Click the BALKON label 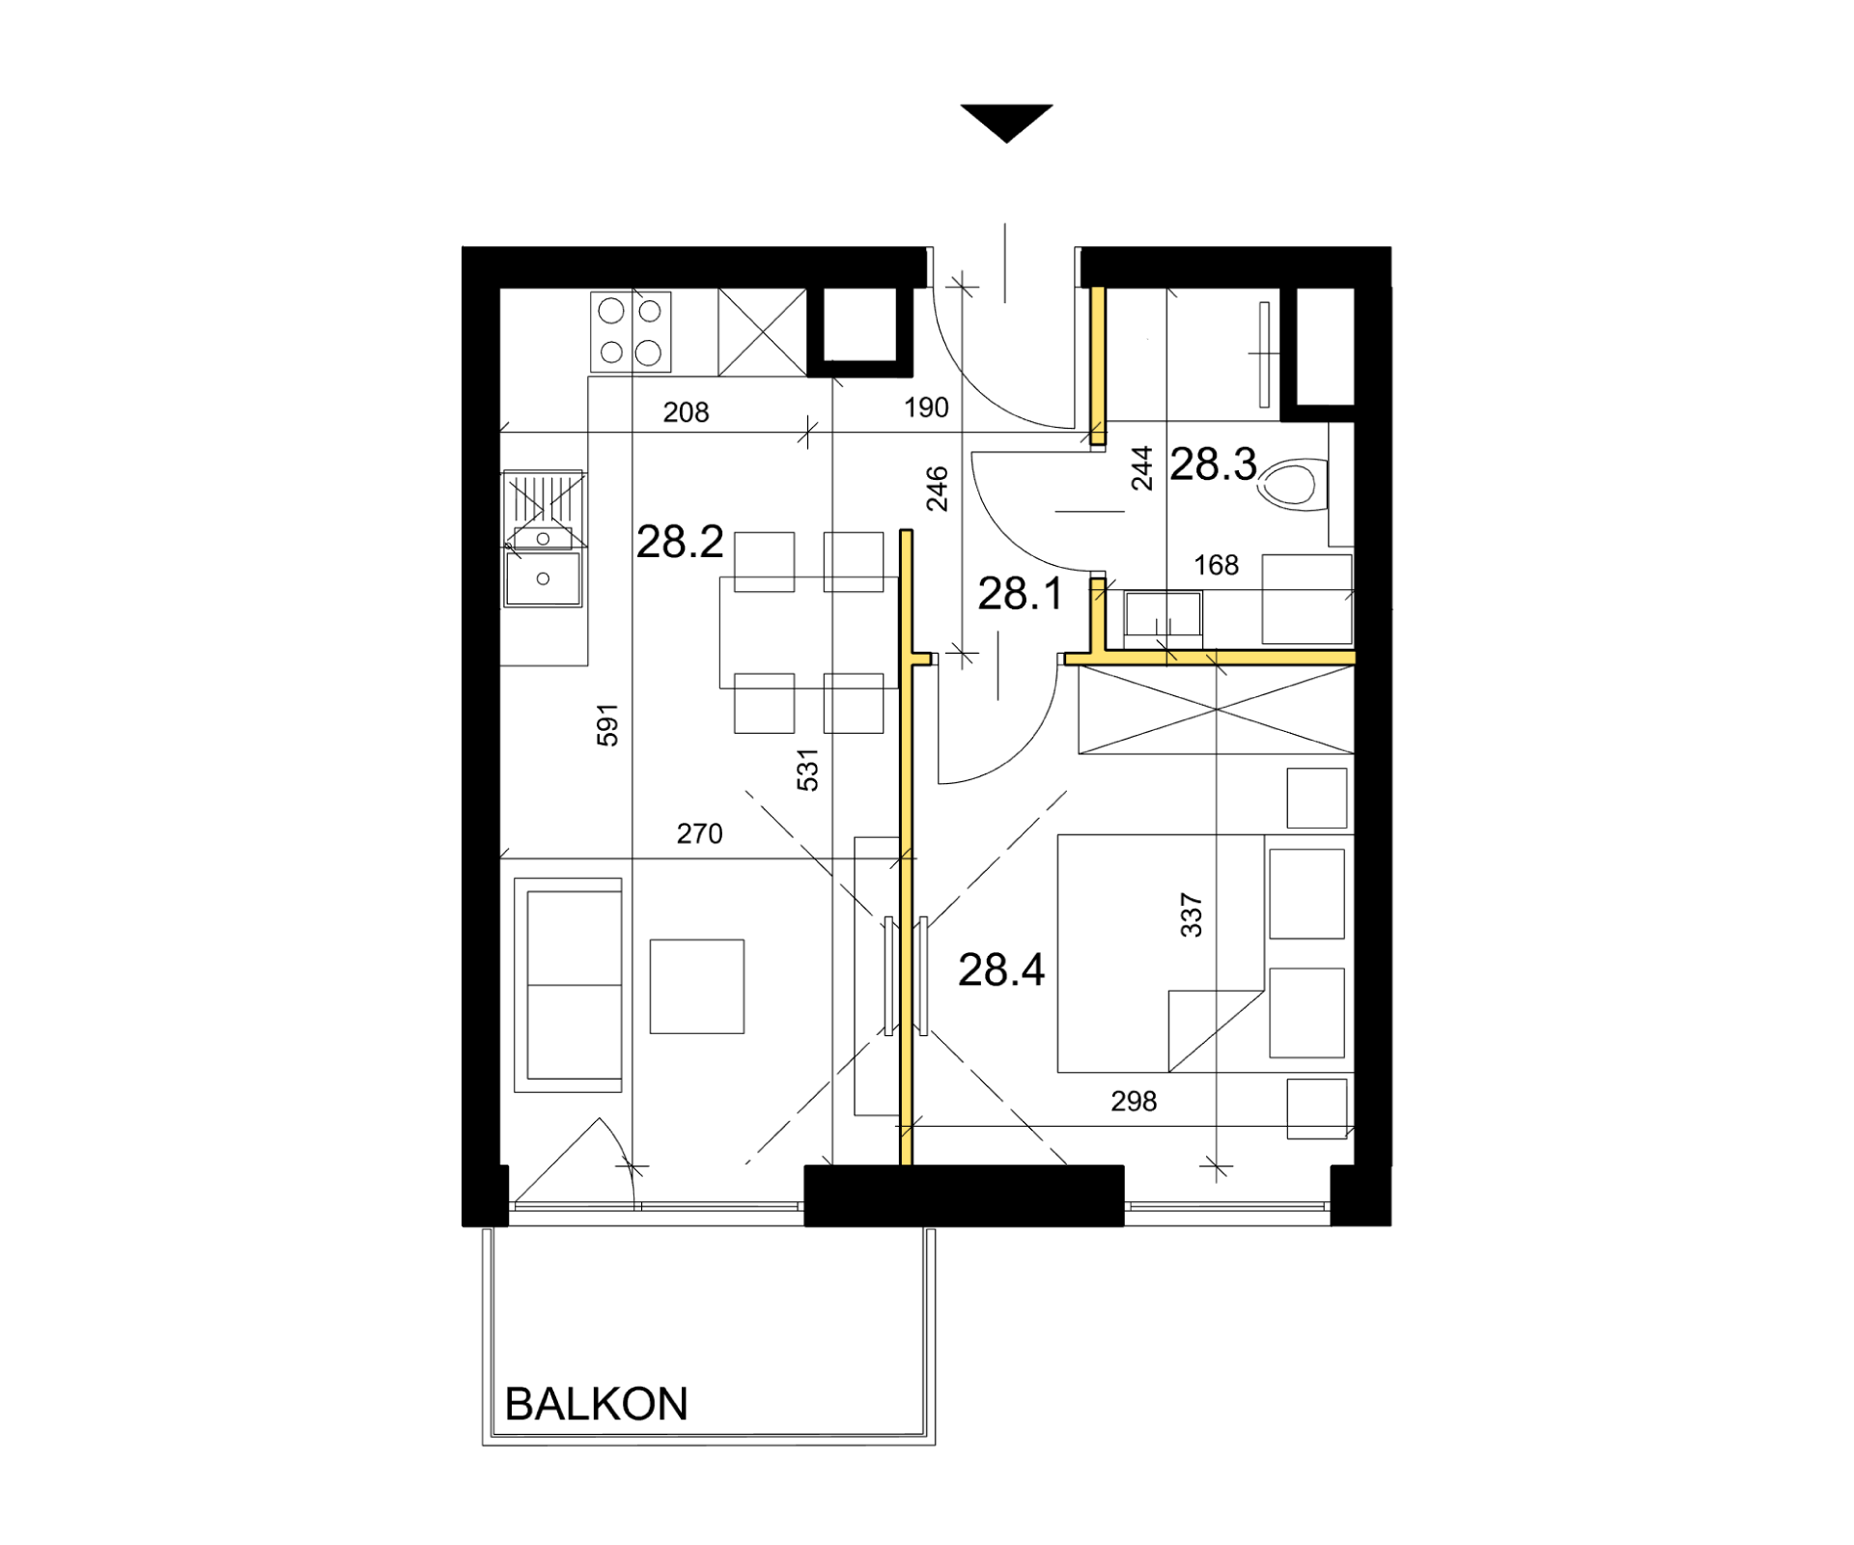tap(596, 1404)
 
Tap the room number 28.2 tap(680, 542)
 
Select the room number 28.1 tap(1020, 593)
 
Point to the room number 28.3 tap(1213, 464)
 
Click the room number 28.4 tap(1001, 969)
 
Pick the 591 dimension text tap(606, 724)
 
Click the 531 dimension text tap(807, 770)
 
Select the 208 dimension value tap(686, 412)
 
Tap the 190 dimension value tap(926, 407)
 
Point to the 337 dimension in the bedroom tap(1191, 915)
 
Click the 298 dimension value tap(1134, 1101)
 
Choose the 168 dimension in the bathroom tap(1216, 565)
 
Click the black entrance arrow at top tap(1006, 123)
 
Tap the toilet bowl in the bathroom tap(1293, 486)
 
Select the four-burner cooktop tap(631, 332)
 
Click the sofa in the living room tap(568, 985)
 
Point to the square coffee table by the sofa tap(696, 986)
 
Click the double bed tap(1161, 953)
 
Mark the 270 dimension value tap(699, 833)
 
